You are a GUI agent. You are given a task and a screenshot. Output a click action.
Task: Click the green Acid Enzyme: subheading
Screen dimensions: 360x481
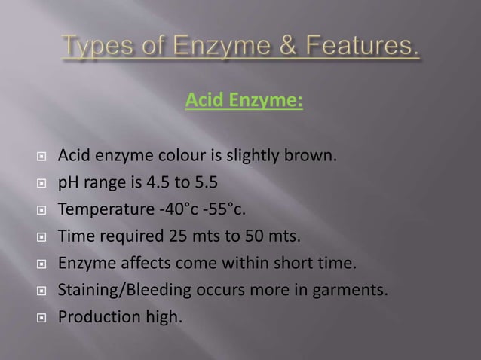244,99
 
